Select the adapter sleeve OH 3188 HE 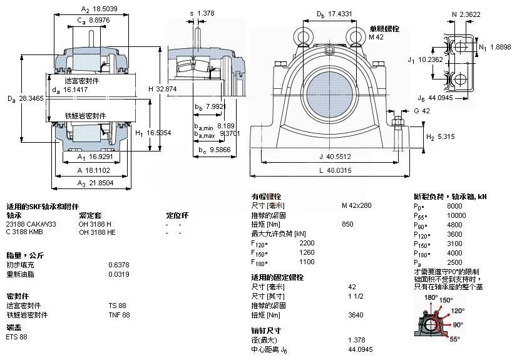97,233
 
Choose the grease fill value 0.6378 116,265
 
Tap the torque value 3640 355,315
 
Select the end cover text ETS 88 17,337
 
